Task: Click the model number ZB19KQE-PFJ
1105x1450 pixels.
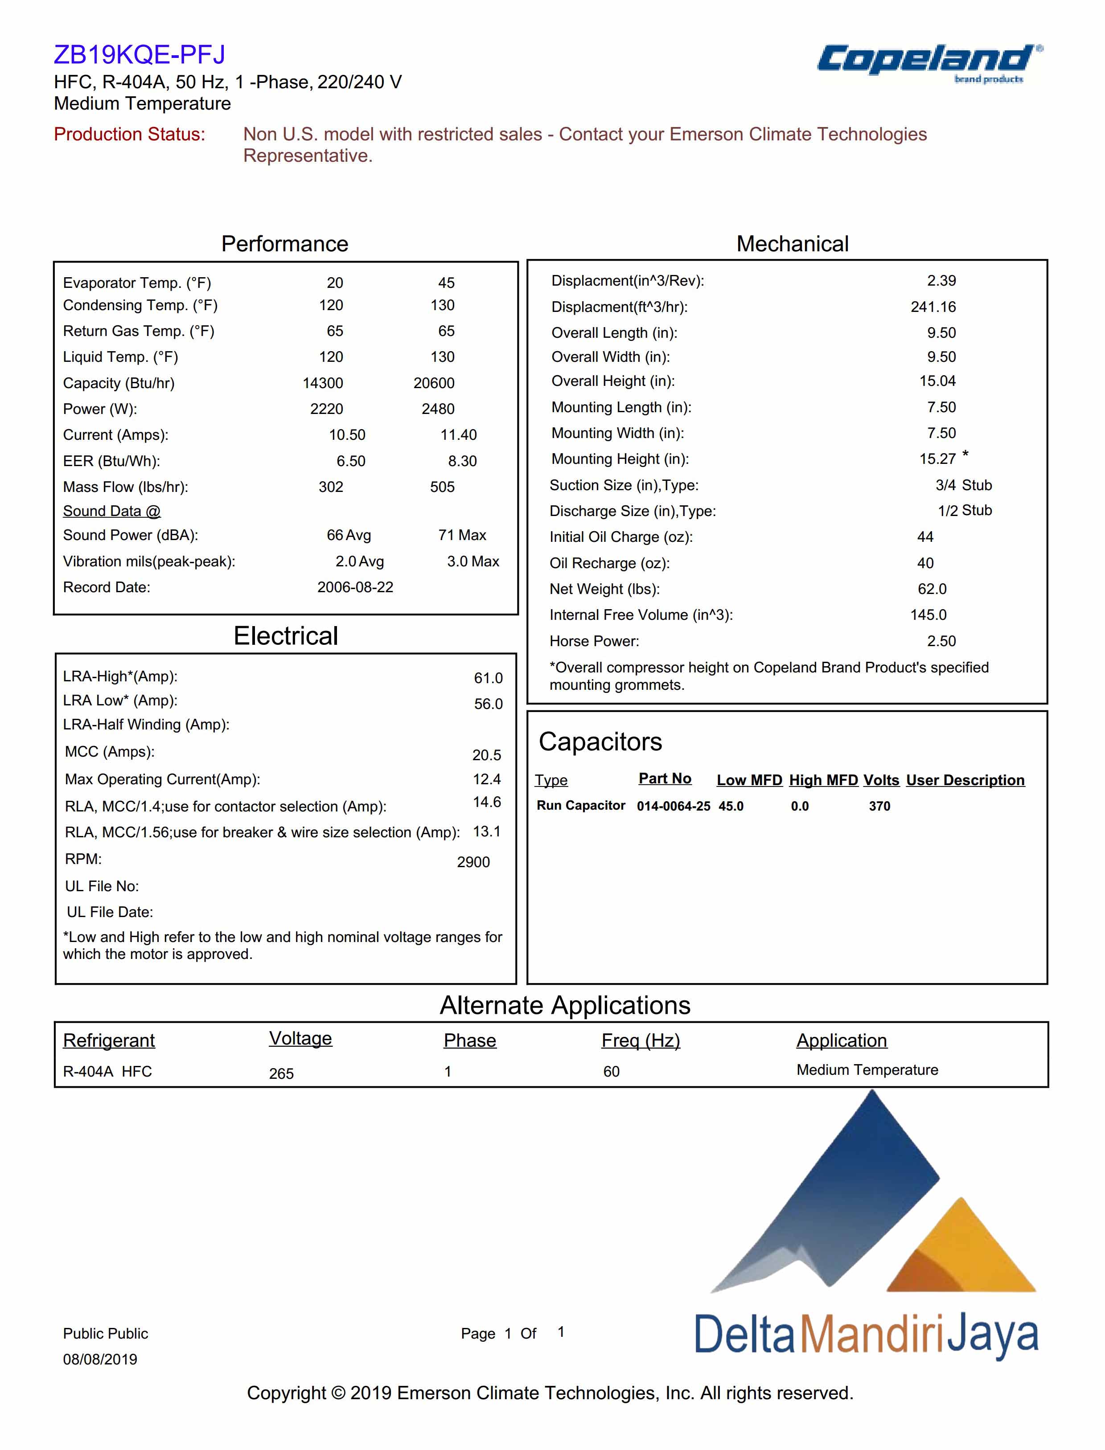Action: pos(140,54)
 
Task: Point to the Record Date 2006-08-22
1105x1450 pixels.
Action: pos(355,587)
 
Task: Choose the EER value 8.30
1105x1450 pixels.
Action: pos(462,461)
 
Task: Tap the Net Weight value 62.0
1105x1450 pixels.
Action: pos(932,589)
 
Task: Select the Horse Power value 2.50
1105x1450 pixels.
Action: pos(941,641)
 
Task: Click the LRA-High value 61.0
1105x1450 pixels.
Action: pos(488,678)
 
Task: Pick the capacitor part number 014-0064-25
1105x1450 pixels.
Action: pos(673,806)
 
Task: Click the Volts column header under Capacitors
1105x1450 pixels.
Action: pos(881,780)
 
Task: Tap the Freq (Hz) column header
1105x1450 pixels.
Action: pos(640,1040)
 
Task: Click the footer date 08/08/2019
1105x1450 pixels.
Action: pos(100,1359)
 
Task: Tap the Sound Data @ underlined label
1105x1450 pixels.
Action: pos(111,511)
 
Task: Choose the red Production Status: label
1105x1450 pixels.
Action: pos(130,134)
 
